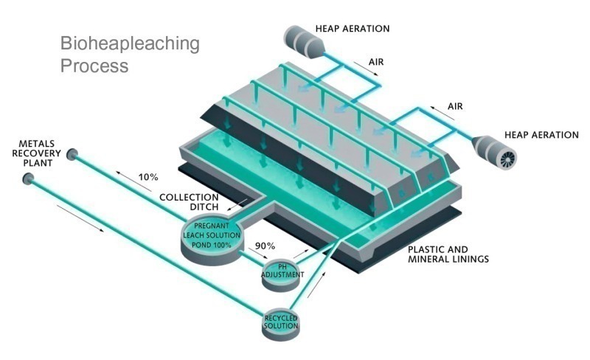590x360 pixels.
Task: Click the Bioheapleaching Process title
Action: tap(130, 54)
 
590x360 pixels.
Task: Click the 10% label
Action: tap(148, 177)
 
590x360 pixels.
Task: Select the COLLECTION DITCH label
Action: tap(189, 202)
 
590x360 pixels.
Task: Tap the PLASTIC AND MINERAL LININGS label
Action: tap(448, 254)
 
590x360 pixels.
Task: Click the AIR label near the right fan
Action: tap(455, 106)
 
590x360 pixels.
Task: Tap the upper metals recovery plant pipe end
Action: tap(73, 154)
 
